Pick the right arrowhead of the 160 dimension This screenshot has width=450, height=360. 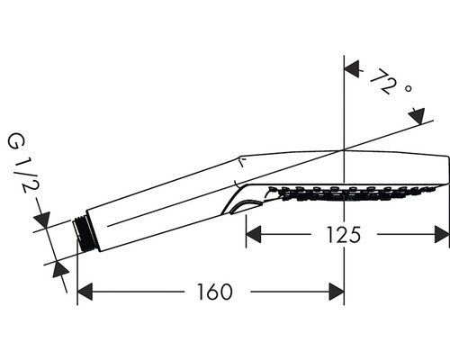pyautogui.click(x=337, y=292)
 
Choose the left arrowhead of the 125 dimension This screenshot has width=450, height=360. pyautogui.click(x=255, y=235)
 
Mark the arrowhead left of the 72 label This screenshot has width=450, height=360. pyautogui.click(x=353, y=68)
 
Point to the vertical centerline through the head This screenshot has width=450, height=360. pyautogui.click(x=345, y=108)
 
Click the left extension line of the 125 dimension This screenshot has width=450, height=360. pyautogui.click(x=247, y=225)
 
